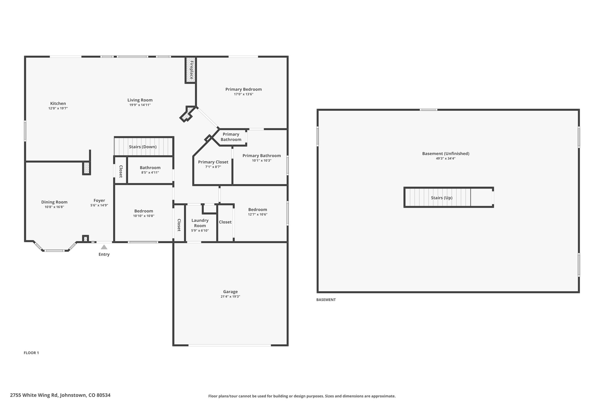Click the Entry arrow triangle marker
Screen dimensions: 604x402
[x=104, y=247]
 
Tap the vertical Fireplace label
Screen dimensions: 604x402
[x=191, y=70]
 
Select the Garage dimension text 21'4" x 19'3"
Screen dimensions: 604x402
[x=230, y=297]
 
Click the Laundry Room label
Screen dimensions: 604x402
[x=200, y=223]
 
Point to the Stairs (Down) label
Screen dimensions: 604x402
[x=143, y=147]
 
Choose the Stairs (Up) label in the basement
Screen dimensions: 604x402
[x=441, y=198]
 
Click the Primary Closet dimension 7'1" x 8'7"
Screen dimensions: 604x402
[x=213, y=167]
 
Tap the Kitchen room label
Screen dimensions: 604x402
[x=58, y=103]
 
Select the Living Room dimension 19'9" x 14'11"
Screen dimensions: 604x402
[x=140, y=105]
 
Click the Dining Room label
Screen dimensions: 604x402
[x=54, y=202]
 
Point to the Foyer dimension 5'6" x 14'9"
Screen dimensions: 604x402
[x=99, y=205]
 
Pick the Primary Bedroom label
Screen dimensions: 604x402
[x=244, y=89]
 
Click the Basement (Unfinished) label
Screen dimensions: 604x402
[x=446, y=153]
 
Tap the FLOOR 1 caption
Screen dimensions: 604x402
[x=31, y=353]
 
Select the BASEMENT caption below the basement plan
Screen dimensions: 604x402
[x=326, y=300]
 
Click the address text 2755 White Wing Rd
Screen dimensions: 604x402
[x=34, y=395]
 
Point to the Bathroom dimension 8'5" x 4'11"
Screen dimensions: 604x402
[x=150, y=173]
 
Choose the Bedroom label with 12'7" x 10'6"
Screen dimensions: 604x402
[x=257, y=210]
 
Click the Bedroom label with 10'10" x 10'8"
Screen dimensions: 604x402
[x=144, y=211]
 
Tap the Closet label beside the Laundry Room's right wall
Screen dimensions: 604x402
[x=225, y=222]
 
